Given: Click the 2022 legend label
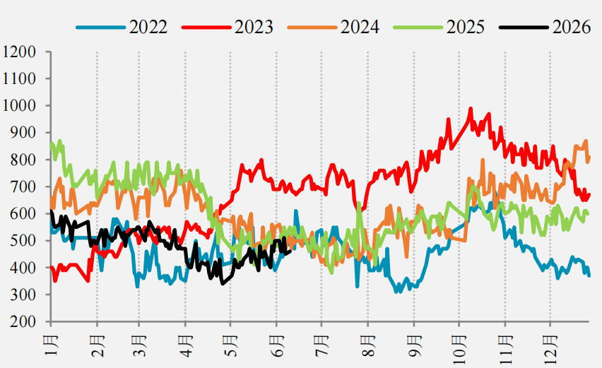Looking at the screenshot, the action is pos(148,27).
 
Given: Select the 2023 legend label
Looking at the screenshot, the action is pos(254,27).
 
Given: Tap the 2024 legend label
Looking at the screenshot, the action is pos(360,27).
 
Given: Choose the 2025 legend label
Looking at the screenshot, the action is pos(466,27).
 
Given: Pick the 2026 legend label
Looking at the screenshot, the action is pos(572,27).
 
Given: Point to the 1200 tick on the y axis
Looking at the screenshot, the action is pos(19,52).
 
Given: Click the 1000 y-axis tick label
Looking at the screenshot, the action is pos(19,105).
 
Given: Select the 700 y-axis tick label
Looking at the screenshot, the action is pos(23,186).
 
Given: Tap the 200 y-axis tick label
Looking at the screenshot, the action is pos(23,321).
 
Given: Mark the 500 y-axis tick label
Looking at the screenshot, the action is pos(23,241).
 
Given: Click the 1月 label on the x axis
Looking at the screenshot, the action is pos(51,345).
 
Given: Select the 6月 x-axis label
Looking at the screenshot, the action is pos(277,345).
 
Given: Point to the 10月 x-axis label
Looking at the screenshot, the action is pos(459,349).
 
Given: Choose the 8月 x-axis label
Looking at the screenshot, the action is pos(368,345).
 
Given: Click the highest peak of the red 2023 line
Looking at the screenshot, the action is pos(471,109).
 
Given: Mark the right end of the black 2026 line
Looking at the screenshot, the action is pos(290,251).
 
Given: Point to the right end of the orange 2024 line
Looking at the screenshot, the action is pos(589,157).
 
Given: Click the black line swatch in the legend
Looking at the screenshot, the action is pos(524,28).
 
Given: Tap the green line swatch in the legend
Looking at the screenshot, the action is pos(418,28).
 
